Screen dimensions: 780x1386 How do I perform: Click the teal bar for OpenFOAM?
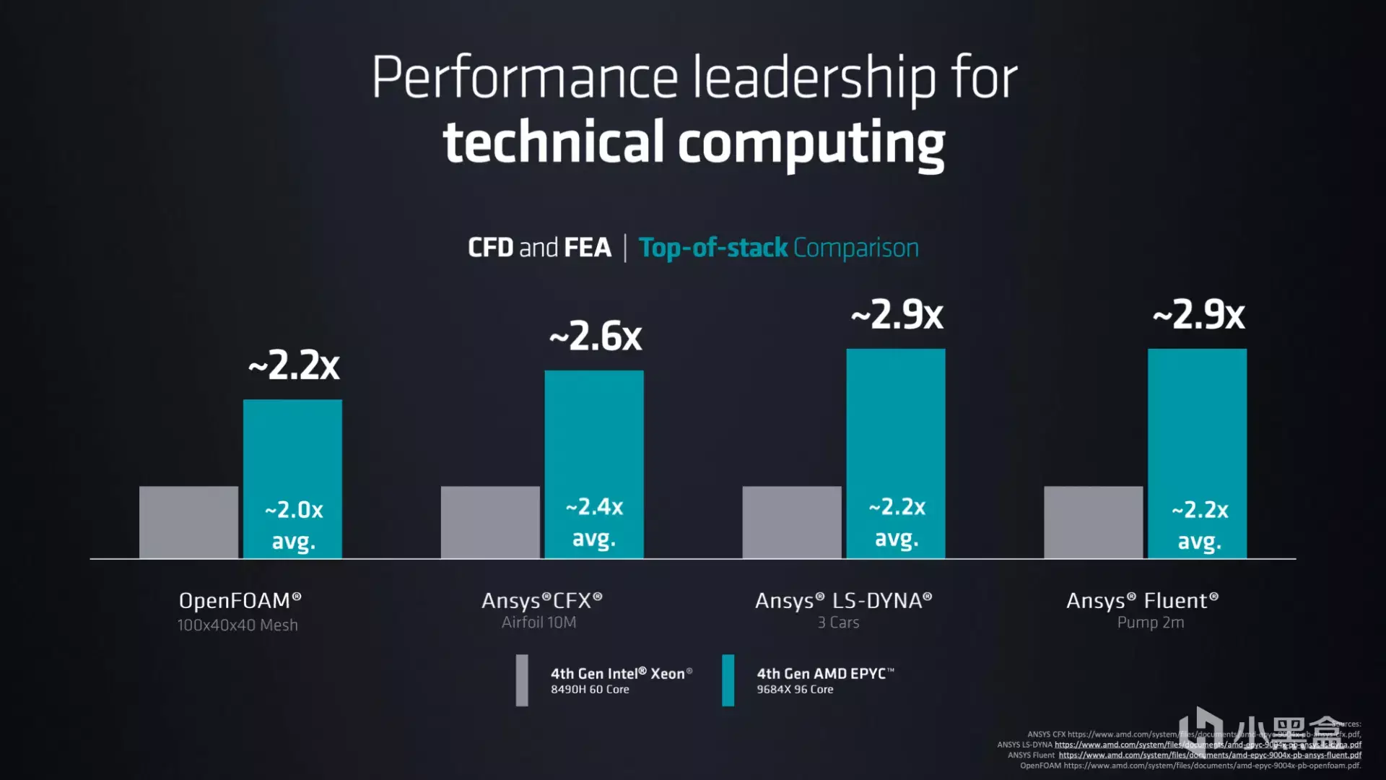[292, 448]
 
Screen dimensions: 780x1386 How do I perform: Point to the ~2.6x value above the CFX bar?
[596, 337]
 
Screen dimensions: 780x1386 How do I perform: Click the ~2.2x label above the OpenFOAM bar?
[294, 365]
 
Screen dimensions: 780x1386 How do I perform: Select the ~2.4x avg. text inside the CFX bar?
[594, 522]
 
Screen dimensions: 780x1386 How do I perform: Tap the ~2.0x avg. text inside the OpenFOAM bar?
[293, 525]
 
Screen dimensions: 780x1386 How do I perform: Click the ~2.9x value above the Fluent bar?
[1198, 315]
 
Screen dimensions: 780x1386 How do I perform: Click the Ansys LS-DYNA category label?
[843, 601]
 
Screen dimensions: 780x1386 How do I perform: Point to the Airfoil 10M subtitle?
[539, 623]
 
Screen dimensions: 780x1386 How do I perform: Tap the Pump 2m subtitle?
[1151, 623]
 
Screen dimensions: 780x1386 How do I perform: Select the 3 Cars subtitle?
[838, 623]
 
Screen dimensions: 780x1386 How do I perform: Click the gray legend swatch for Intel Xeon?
[522, 680]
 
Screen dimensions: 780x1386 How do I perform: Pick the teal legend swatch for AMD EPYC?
[728, 680]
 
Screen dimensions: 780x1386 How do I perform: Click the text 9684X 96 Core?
[795, 690]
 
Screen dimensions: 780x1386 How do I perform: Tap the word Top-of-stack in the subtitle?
[712, 248]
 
